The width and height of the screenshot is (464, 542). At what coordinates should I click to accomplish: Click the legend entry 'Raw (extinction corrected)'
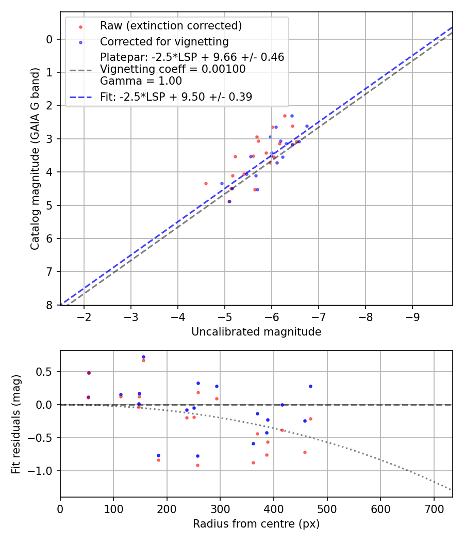point(171,26)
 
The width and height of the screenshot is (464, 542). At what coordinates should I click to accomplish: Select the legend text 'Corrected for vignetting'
point(164,41)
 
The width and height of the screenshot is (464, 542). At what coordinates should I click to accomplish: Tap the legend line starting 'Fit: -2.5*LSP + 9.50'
point(176,97)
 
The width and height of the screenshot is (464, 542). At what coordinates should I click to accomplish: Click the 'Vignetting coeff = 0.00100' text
point(173,69)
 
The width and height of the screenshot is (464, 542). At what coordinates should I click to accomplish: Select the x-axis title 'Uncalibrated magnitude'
point(256,332)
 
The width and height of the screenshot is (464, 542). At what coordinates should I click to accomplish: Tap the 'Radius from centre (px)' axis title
point(256,524)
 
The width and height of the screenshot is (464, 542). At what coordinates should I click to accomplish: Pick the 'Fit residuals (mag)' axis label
point(16,423)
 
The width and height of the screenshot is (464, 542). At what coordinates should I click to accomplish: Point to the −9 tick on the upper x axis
point(412,316)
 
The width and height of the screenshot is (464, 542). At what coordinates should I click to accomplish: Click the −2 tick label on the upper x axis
point(84,316)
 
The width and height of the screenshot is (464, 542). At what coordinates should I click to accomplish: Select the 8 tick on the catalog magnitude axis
point(49,305)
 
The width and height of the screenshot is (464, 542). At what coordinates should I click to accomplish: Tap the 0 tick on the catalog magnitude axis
point(49,39)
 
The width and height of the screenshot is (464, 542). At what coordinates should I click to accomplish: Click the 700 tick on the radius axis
point(434,508)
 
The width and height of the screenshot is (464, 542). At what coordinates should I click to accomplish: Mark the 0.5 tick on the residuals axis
point(46,372)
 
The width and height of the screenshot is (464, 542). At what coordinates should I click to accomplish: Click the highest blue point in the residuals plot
point(143,357)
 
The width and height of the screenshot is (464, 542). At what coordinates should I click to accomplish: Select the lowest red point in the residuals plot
point(197,465)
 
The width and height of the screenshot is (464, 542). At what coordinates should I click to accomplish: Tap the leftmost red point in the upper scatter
point(206,183)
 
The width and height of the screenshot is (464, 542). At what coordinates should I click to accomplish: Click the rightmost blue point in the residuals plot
point(310,386)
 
